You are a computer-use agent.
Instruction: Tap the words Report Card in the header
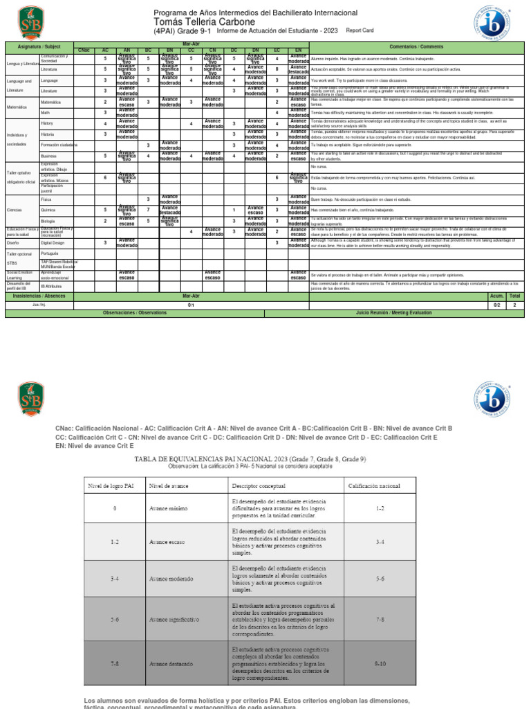point(360,31)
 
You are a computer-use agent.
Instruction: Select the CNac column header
point(84,51)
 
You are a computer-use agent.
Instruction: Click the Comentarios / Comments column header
point(418,46)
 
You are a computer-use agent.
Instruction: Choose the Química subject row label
point(48,209)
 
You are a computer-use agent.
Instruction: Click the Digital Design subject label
point(53,243)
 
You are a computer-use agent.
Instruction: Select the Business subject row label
point(49,156)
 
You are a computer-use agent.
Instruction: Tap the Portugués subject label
point(50,253)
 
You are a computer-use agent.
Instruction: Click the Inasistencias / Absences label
point(39,296)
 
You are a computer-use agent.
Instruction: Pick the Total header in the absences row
point(514,296)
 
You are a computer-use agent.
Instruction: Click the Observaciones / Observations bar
point(135,314)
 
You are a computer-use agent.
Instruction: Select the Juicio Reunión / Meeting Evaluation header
point(395,314)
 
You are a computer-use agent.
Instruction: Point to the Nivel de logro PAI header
point(115,485)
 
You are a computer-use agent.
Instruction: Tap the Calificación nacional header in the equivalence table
point(373,485)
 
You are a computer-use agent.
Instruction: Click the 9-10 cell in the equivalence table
point(380,663)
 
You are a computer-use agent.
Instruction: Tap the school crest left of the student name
point(30,22)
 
